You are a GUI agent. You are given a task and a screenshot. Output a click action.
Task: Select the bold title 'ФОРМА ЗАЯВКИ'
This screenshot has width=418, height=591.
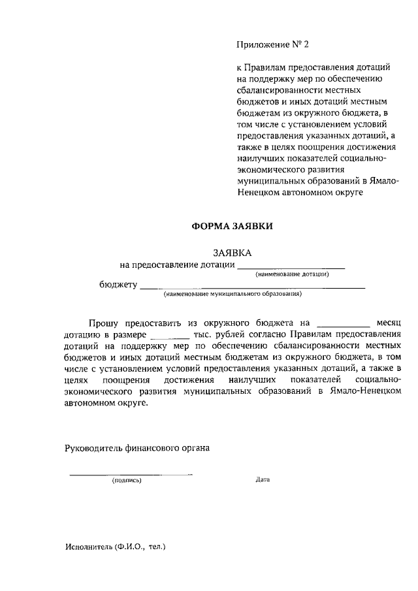click(232, 226)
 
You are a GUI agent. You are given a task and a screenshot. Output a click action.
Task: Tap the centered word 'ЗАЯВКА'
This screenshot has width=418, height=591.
click(232, 253)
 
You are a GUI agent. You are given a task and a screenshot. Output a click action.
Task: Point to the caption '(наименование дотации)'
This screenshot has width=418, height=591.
click(292, 274)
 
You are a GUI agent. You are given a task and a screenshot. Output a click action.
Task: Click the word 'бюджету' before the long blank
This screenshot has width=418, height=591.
click(118, 285)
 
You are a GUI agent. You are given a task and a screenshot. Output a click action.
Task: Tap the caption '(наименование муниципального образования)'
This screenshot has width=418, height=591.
click(233, 295)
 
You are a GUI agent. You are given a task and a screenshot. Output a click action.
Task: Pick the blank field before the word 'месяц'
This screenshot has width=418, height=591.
click(342, 325)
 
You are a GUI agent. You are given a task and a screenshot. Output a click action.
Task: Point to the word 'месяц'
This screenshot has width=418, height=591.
click(389, 323)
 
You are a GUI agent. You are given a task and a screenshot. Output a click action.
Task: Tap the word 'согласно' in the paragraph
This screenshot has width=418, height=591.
click(265, 334)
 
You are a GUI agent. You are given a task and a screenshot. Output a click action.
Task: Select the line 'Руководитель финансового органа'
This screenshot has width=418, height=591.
click(137, 448)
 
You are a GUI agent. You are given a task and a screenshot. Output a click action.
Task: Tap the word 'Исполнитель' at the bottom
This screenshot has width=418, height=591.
click(88, 547)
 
